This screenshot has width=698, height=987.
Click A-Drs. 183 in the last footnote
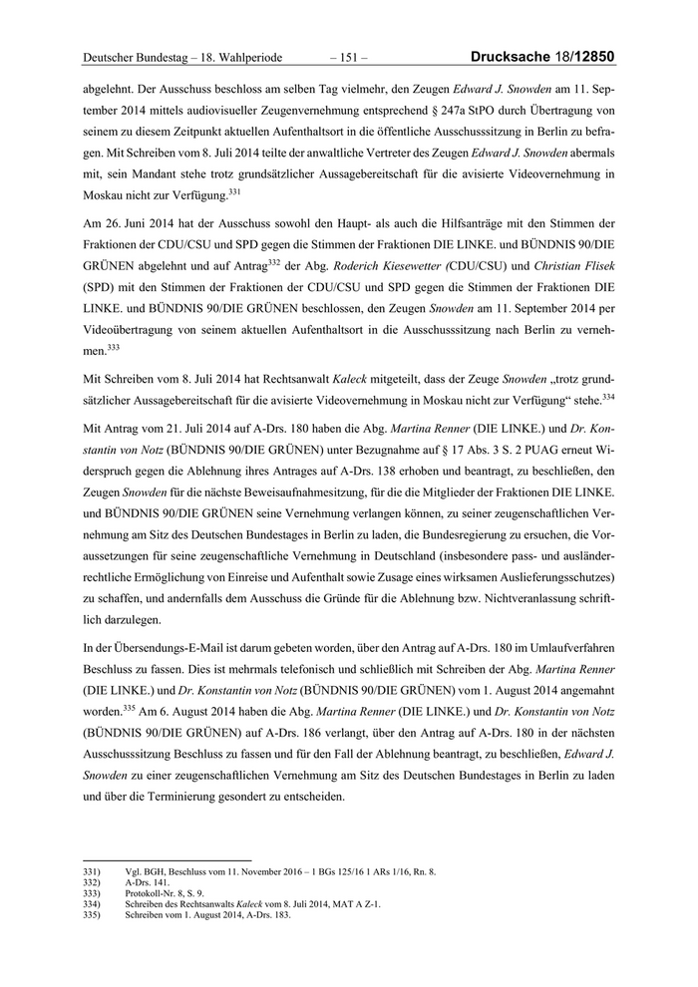point(266,915)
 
